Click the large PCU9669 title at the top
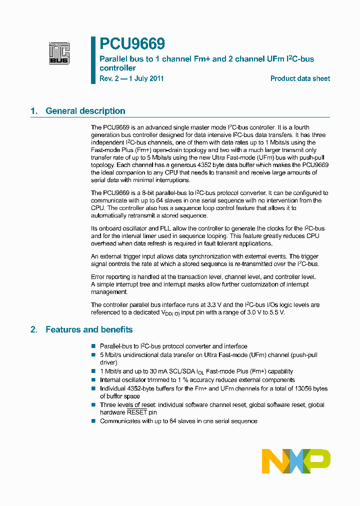(132, 44)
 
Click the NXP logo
(296, 461)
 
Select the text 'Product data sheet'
(300, 78)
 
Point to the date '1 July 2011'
(146, 78)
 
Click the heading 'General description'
(85, 111)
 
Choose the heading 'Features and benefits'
(89, 329)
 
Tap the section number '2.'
(34, 329)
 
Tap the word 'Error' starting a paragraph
(98, 276)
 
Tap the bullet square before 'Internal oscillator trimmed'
(93, 380)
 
